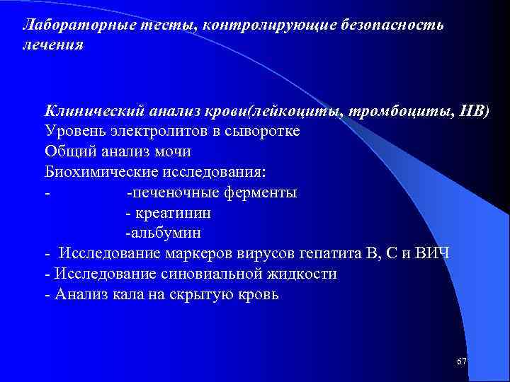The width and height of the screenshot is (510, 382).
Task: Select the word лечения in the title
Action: click(x=53, y=45)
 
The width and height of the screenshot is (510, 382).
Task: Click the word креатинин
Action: click(x=172, y=212)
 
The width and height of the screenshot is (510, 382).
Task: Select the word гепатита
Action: click(x=335, y=253)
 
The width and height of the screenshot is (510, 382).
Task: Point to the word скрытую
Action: click(x=203, y=294)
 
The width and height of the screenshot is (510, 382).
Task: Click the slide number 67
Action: click(x=462, y=361)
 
